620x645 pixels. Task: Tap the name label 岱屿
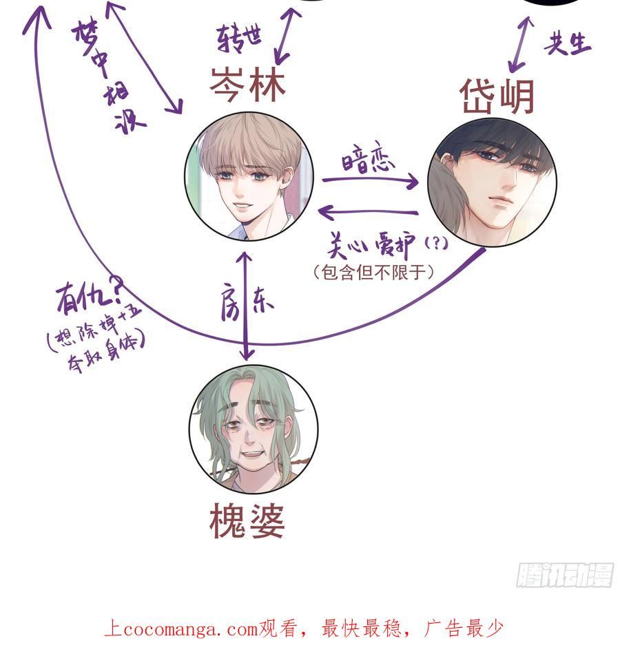(x=497, y=97)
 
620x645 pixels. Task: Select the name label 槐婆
(x=247, y=522)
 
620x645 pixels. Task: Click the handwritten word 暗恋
(x=369, y=162)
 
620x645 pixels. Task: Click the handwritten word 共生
(x=567, y=43)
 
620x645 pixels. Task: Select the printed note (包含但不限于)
(x=373, y=273)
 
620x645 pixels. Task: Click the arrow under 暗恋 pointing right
(x=370, y=181)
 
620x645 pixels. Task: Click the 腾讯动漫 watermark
(x=564, y=574)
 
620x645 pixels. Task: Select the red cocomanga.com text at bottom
(x=304, y=628)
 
